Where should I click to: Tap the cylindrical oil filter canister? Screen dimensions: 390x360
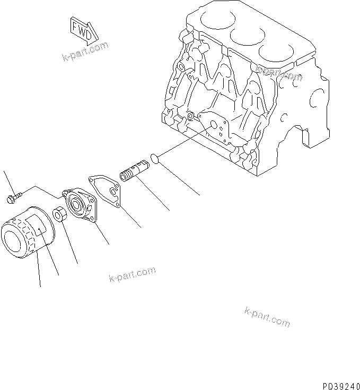27,233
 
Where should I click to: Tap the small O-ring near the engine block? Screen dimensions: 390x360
153,158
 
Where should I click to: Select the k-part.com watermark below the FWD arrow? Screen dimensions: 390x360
85,51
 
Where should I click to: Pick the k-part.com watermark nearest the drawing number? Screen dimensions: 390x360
267,317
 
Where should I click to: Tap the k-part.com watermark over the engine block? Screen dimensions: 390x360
278,72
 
